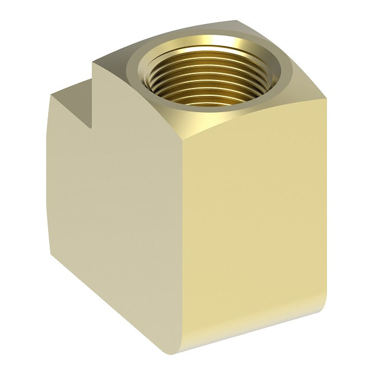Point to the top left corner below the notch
click(51, 96)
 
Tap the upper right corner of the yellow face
click(325, 100)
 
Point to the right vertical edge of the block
click(326, 207)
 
